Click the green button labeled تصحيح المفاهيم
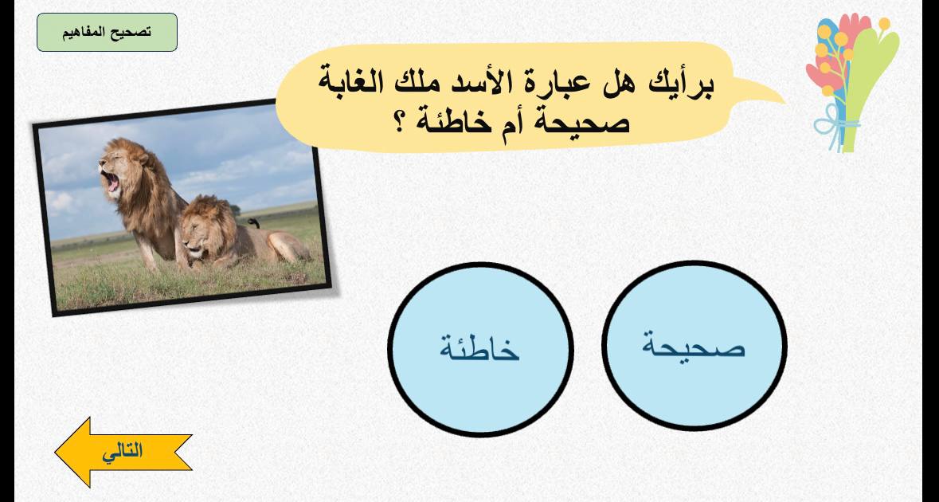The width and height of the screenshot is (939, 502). (108, 33)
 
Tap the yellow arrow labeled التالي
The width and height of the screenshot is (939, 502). (123, 452)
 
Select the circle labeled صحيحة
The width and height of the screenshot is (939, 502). (694, 346)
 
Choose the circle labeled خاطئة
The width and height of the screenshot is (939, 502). (480, 349)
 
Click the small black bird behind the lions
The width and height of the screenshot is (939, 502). (254, 223)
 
